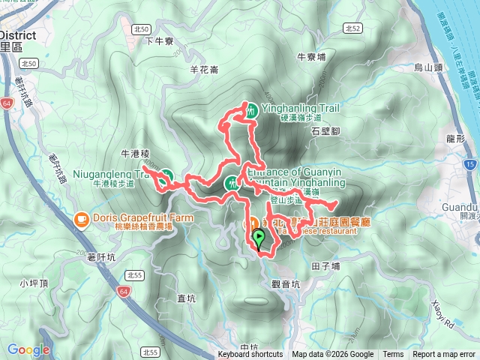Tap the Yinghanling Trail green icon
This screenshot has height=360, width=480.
click(x=251, y=109)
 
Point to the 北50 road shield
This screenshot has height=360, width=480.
click(x=139, y=28)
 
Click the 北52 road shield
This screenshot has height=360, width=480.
click(x=352, y=28)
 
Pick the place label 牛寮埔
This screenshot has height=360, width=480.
click(x=311, y=56)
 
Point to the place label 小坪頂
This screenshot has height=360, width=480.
click(x=34, y=283)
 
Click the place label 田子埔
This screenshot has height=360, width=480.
click(x=325, y=265)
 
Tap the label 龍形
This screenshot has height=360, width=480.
click(x=455, y=139)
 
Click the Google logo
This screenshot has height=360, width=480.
click(x=28, y=349)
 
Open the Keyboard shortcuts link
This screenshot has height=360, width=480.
click(x=250, y=355)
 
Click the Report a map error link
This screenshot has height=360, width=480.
click(x=445, y=355)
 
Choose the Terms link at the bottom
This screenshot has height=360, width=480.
click(x=393, y=355)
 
